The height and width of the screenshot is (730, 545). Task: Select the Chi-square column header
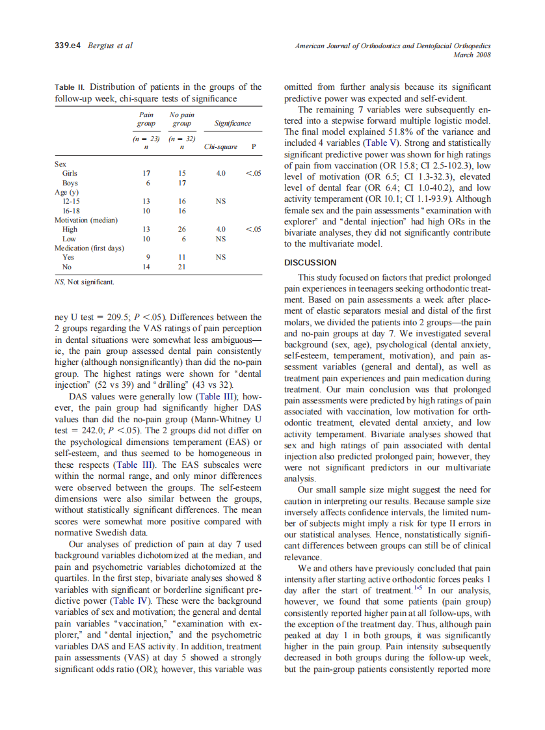[218, 147]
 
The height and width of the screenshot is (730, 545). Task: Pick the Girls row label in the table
[70, 174]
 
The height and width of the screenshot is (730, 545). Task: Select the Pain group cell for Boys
[146, 183]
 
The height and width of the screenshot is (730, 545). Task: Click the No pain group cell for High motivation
[182, 229]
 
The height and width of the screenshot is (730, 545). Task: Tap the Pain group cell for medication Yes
[146, 257]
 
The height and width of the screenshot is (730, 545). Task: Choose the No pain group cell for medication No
[182, 267]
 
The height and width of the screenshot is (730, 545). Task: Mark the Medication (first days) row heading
[89, 248]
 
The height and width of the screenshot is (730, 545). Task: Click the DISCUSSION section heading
[310, 263]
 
